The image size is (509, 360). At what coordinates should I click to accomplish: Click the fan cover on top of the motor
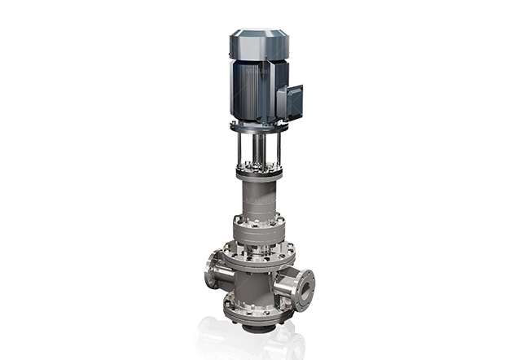(x=259, y=42)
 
